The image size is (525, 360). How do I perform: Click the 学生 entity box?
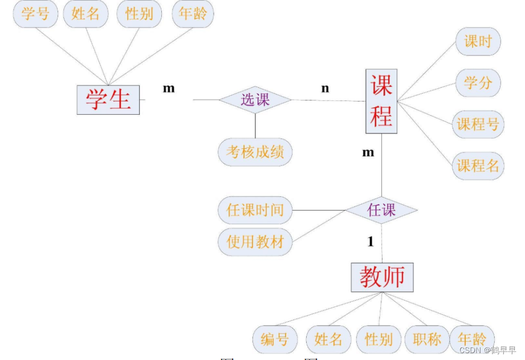[x=108, y=100]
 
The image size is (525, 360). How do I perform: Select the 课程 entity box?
[x=381, y=102]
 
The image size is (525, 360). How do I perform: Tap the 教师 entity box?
[x=382, y=277]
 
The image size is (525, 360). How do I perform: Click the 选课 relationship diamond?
[x=255, y=100]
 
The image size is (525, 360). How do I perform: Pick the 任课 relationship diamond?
[x=381, y=210]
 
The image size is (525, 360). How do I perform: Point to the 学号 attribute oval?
[x=35, y=13]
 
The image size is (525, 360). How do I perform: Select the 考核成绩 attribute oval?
[x=255, y=152]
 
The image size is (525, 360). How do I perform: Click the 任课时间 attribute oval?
[x=255, y=210]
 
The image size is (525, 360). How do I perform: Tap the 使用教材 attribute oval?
[x=255, y=242]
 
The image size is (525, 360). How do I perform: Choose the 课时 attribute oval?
[x=478, y=41]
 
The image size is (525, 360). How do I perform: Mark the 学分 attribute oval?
[x=478, y=82]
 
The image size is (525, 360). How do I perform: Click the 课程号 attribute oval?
[x=478, y=124]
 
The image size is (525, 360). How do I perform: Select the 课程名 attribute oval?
[x=478, y=165]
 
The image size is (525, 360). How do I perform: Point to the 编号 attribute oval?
[x=274, y=340]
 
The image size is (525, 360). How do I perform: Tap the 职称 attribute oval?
[x=427, y=340]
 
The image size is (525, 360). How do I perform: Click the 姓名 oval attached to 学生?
[x=86, y=13]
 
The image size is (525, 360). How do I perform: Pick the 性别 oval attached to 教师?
[x=379, y=340]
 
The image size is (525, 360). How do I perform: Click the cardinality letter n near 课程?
[x=325, y=88]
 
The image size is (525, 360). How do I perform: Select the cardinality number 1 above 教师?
[x=371, y=242]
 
